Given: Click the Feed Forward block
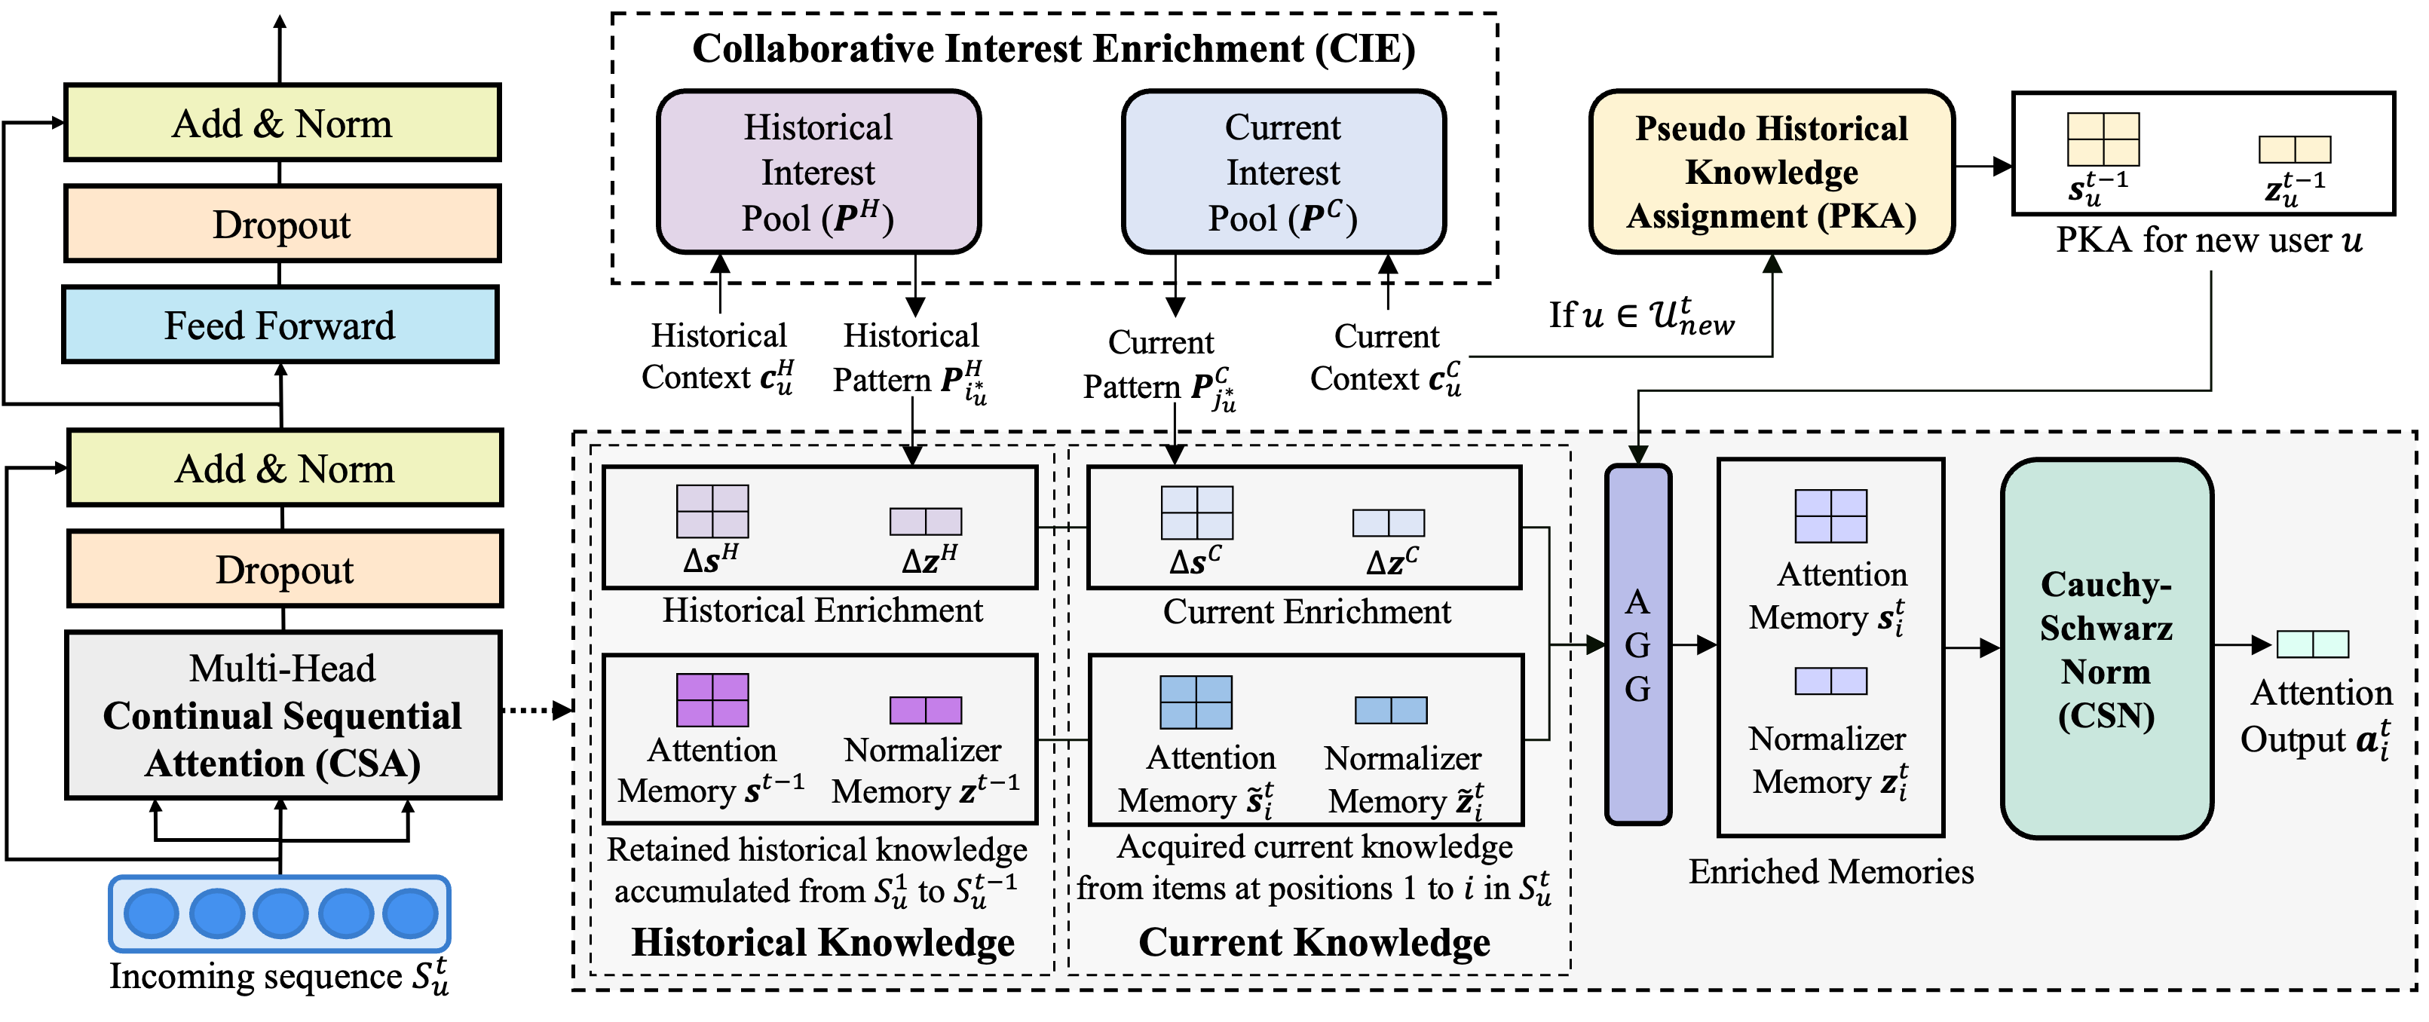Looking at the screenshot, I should click(280, 324).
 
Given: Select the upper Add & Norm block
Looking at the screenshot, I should click(282, 123).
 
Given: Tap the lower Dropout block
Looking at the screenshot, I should click(285, 568).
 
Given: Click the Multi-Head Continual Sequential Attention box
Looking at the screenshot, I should click(283, 714).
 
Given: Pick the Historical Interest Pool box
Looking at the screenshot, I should click(819, 172).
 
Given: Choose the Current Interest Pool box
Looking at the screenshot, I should click(1283, 172).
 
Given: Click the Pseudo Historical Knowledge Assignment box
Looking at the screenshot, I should click(1771, 172).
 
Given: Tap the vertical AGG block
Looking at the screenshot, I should click(1638, 645).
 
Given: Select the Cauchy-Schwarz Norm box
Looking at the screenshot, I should click(2106, 649).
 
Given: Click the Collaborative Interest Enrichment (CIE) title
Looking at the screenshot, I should click(1053, 49).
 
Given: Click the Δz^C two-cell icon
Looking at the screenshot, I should click(1388, 522).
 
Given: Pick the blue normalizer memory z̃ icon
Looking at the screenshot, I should click(1391, 710).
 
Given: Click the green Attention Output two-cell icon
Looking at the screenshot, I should click(2312, 644).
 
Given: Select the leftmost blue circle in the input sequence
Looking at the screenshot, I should click(151, 913).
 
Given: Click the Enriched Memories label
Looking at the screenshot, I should click(1830, 871).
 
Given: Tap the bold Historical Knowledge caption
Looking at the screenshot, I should click(822, 942).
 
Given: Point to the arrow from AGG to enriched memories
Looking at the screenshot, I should click(1695, 645).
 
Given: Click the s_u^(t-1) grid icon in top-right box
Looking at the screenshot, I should click(2103, 139).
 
